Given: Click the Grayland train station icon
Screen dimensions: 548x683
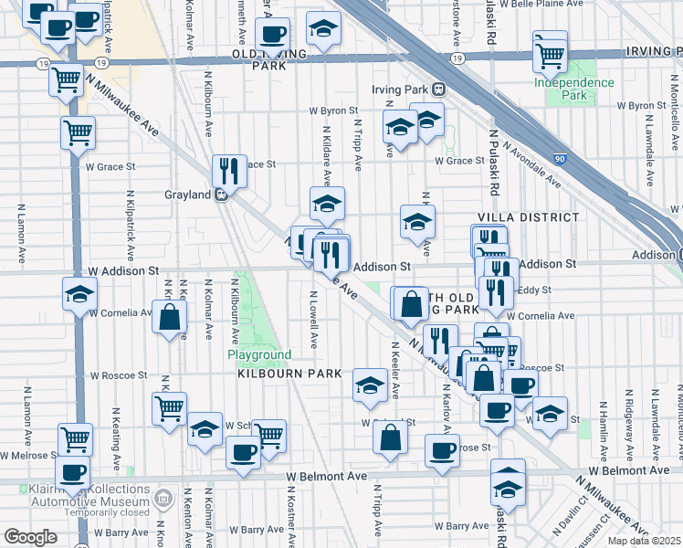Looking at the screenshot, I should coord(221,195).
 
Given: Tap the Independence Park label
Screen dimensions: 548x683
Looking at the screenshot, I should coord(573,89).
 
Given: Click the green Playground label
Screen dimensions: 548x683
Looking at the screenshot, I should coord(260,354).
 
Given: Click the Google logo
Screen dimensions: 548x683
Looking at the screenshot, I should coord(30,536).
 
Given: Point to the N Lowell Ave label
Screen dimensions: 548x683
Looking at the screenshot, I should coord(313,320).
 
